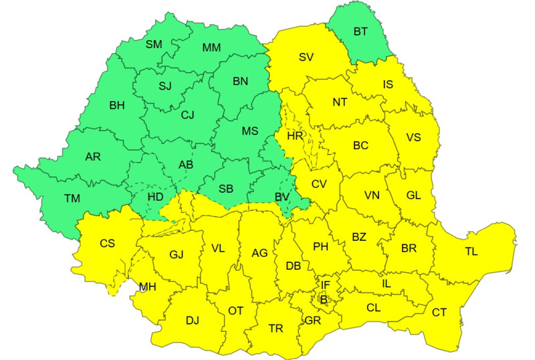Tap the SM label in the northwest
pyautogui.click(x=154, y=45)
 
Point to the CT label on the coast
pyautogui.click(x=439, y=312)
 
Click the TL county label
pyautogui.click(x=471, y=252)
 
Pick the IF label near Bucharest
pyautogui.click(x=326, y=285)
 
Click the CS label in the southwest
pyautogui.click(x=107, y=244)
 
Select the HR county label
pyautogui.click(x=295, y=136)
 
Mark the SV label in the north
pyautogui.click(x=306, y=57)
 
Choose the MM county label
pyautogui.click(x=212, y=48)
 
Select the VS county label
pyautogui.click(x=413, y=138)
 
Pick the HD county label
pyautogui.click(x=156, y=197)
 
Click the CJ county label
pyautogui.click(x=187, y=114)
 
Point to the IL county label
pyautogui.click(x=386, y=283)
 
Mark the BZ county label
pyautogui.click(x=359, y=237)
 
